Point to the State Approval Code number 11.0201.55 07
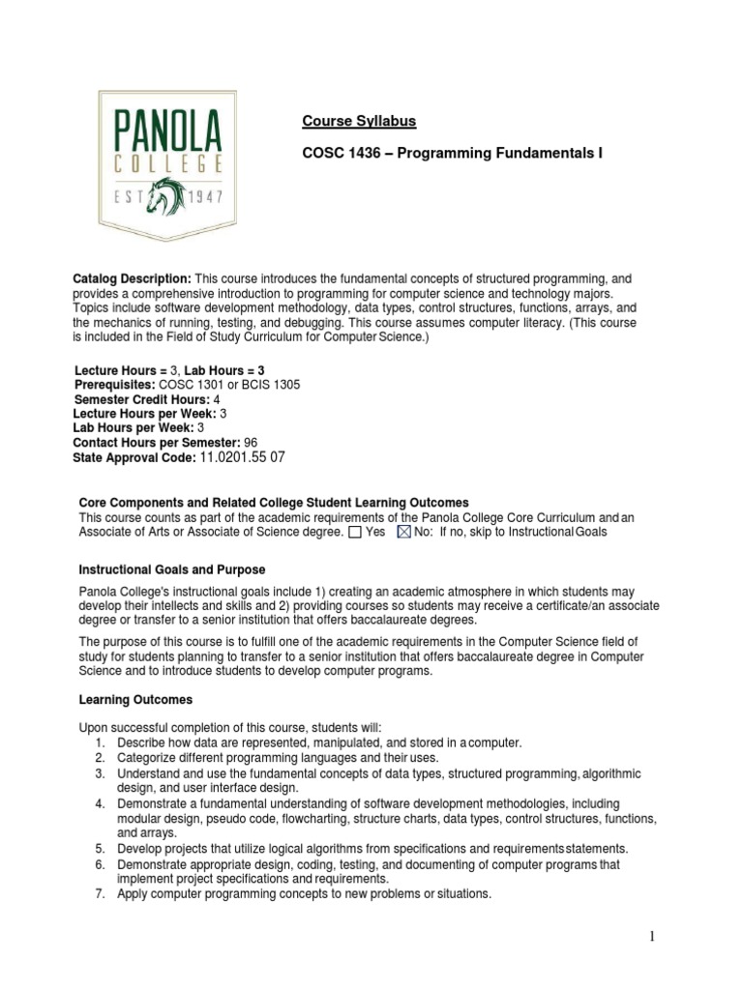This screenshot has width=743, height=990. point(242,456)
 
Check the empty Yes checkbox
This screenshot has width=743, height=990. point(355,532)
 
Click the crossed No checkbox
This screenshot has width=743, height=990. point(405,532)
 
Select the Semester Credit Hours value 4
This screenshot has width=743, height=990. point(217,398)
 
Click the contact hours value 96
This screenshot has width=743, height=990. point(251,442)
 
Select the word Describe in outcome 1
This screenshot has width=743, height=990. point(141,742)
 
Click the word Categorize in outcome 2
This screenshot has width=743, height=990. point(147,758)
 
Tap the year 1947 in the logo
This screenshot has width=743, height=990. point(206,198)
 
